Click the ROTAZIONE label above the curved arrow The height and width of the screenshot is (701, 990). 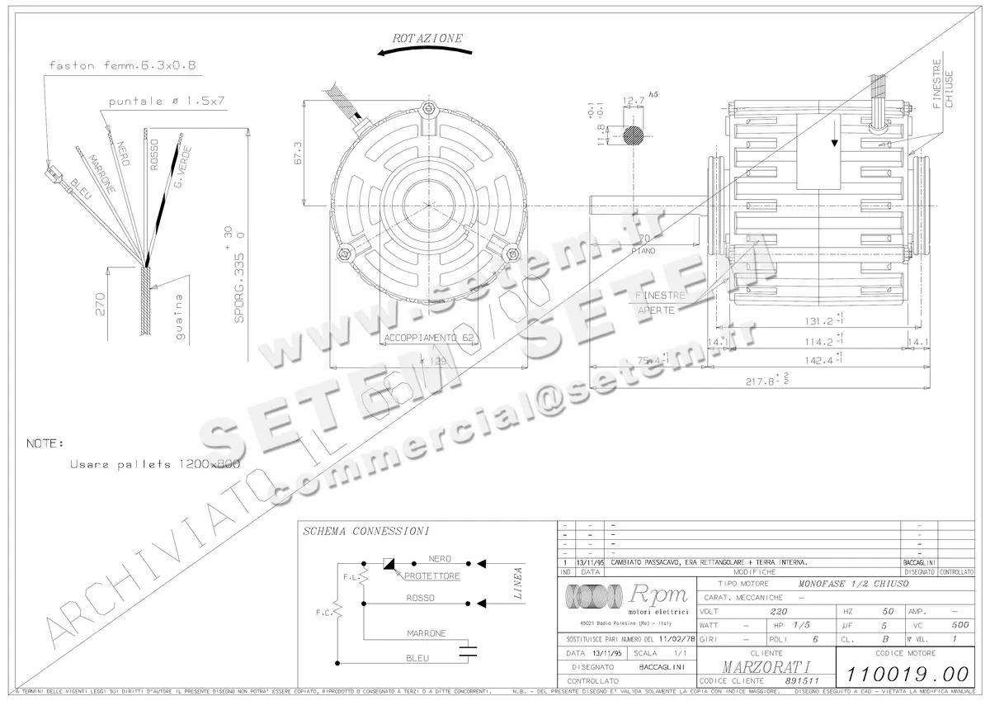[427, 38]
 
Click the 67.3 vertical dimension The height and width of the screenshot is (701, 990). [298, 154]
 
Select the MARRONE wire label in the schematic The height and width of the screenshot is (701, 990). [426, 633]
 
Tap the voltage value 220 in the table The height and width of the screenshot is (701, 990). [778, 612]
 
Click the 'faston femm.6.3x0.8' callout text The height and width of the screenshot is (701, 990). [122, 64]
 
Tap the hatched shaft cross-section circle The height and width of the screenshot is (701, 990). [634, 132]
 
